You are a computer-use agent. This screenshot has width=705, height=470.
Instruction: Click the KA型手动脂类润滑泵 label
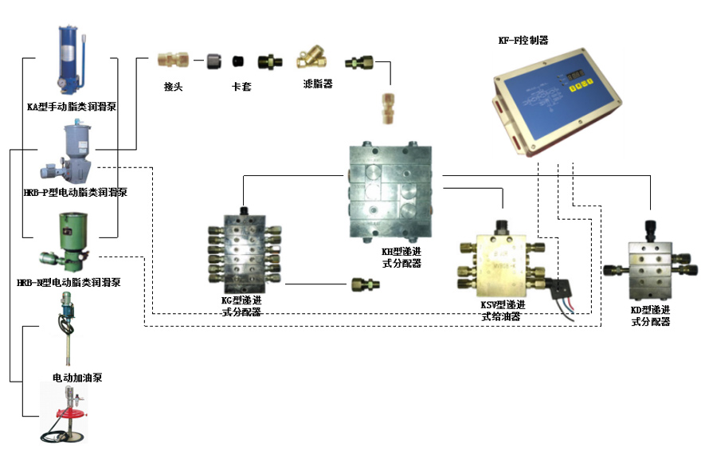(x=72, y=106)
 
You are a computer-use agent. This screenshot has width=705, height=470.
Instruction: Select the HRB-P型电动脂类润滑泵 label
(x=75, y=192)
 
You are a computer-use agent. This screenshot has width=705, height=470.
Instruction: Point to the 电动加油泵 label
(x=76, y=377)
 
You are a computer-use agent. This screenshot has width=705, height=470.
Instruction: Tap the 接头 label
(x=173, y=86)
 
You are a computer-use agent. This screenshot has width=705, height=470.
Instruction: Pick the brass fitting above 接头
(x=173, y=59)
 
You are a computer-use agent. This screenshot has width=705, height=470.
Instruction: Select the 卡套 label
(x=241, y=86)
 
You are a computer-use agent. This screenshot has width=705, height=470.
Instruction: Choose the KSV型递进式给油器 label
(x=503, y=310)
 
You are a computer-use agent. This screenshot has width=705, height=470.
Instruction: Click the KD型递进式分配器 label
(x=649, y=316)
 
